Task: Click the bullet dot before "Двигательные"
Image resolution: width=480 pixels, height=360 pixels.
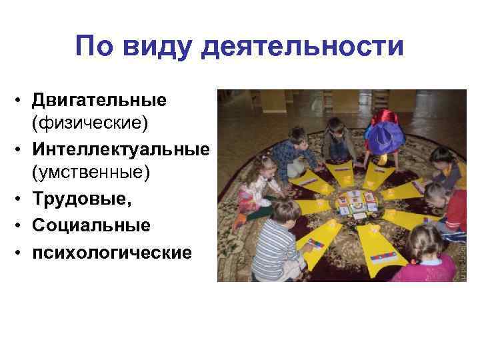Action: point(22,102)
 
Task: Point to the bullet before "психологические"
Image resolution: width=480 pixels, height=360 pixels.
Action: point(22,253)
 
